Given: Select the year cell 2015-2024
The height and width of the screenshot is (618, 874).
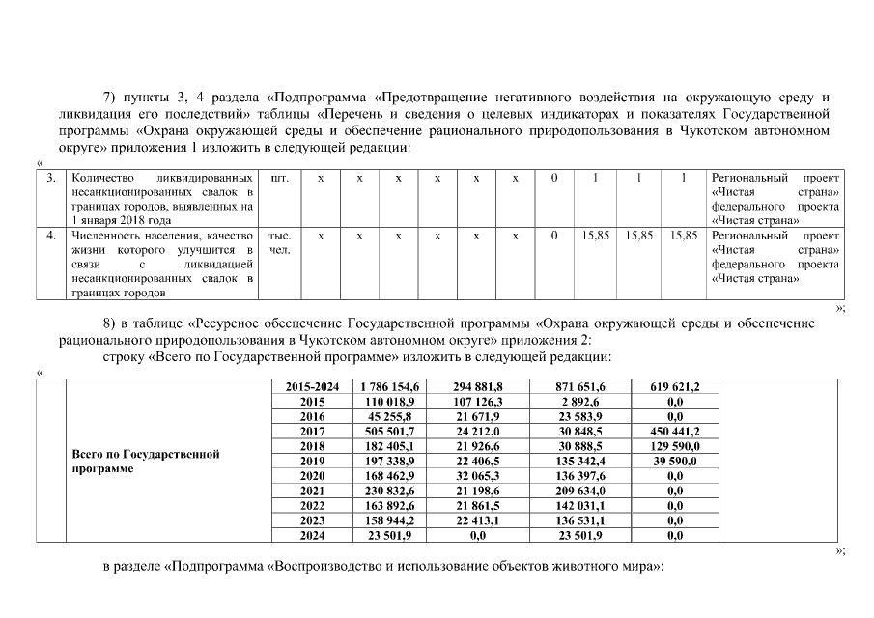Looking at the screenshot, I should (x=313, y=387).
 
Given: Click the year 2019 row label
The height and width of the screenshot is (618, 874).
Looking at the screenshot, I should (x=313, y=462).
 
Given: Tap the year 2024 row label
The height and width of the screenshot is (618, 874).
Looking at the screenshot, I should (x=313, y=535).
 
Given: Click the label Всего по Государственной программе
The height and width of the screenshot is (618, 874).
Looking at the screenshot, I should (x=147, y=461).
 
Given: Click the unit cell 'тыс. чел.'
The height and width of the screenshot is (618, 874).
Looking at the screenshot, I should (x=280, y=243).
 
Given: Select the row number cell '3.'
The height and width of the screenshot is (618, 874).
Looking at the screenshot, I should (x=51, y=179).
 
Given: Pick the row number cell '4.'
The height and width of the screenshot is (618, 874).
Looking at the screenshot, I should (x=51, y=236).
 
